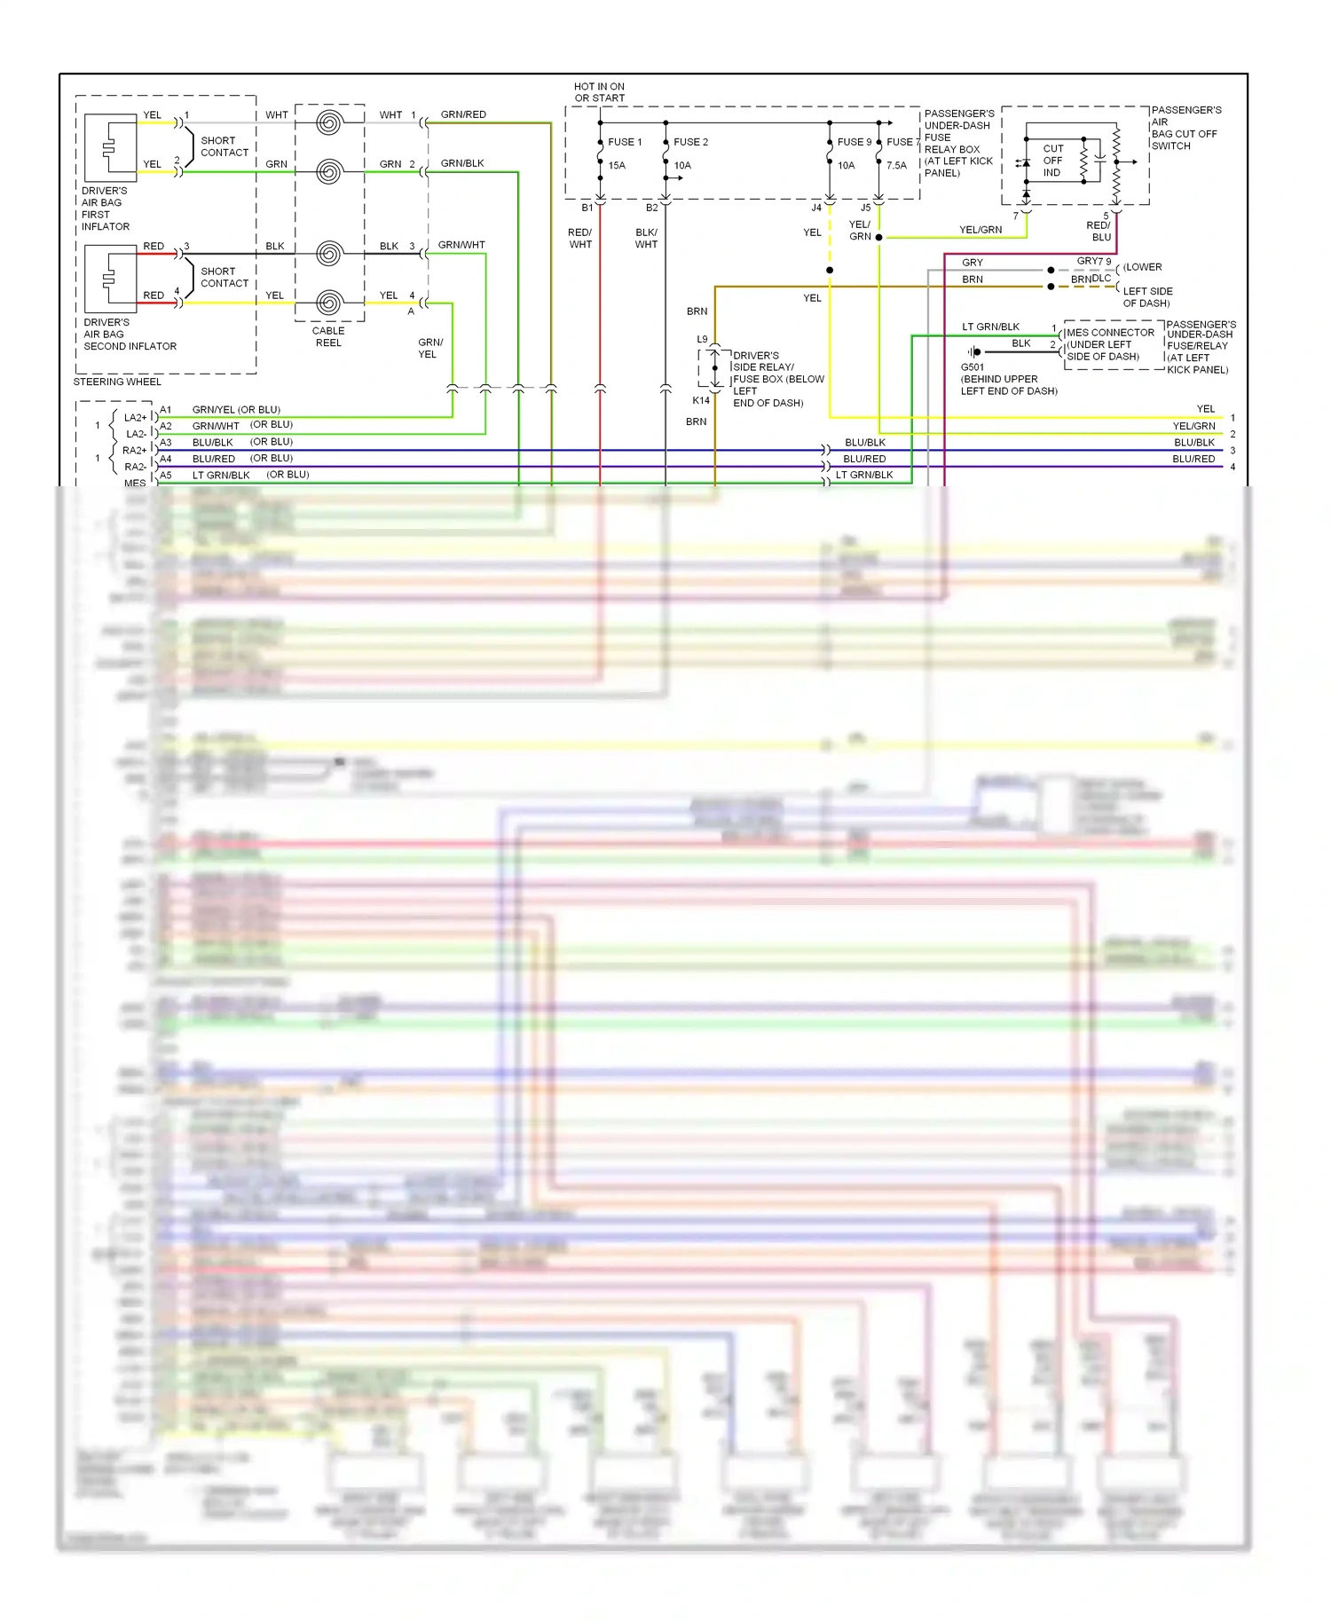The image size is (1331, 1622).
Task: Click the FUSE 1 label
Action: pyautogui.click(x=625, y=142)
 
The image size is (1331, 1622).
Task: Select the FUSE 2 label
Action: pyautogui.click(x=690, y=142)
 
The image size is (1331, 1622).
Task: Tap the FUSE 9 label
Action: pyautogui.click(x=855, y=142)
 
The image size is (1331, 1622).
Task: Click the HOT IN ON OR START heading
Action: pyautogui.click(x=599, y=92)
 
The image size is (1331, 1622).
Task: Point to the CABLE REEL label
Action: pyautogui.click(x=328, y=336)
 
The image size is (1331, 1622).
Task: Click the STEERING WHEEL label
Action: pyautogui.click(x=117, y=382)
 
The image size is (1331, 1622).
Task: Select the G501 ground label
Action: pyautogui.click(x=973, y=366)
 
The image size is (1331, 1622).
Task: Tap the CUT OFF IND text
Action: pyautogui.click(x=1053, y=161)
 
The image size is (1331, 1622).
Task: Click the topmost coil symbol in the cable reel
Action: pyautogui.click(x=328, y=122)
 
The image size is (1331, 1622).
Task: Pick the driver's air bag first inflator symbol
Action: pyautogui.click(x=110, y=148)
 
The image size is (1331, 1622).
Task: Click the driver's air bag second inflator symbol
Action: pyautogui.click(x=110, y=279)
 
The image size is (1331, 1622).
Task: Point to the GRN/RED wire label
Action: pyautogui.click(x=463, y=114)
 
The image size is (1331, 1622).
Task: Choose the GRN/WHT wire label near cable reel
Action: pyautogui.click(x=461, y=245)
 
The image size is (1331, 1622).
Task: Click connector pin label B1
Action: pyautogui.click(x=587, y=208)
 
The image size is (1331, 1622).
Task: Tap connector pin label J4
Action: pyautogui.click(x=816, y=208)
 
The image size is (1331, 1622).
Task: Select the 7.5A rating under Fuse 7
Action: pyautogui.click(x=897, y=166)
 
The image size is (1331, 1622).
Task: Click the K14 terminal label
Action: pyautogui.click(x=701, y=400)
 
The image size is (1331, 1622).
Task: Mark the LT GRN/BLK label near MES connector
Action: pyautogui.click(x=990, y=327)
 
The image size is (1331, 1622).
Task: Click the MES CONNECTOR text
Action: pyautogui.click(x=1110, y=333)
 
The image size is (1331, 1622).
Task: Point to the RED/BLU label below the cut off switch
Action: pyautogui.click(x=1099, y=231)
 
